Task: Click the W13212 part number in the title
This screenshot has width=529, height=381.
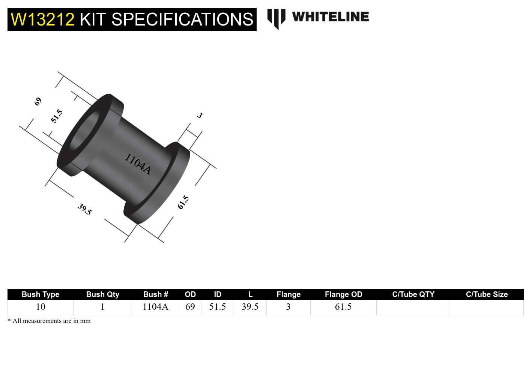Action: point(42,19)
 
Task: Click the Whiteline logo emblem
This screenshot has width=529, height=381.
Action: point(276,18)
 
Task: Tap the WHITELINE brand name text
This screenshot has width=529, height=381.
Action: point(330,17)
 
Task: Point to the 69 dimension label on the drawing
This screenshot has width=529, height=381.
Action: point(38,101)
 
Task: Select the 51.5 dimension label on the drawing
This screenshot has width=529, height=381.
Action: point(57,116)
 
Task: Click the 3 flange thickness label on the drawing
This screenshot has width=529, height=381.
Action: point(200,115)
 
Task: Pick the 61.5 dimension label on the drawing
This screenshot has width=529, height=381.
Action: point(183,202)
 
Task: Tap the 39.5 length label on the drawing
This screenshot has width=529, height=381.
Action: point(84,209)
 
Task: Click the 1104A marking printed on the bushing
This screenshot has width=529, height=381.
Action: point(138,164)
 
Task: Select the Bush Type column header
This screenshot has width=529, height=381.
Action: point(40,294)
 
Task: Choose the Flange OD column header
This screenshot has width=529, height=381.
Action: point(343,294)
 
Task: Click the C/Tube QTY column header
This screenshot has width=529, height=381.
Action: point(413,294)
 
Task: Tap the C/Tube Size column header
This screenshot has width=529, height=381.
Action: point(487,294)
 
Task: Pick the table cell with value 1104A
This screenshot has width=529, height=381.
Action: point(155,307)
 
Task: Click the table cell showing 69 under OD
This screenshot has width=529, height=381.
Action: point(190,307)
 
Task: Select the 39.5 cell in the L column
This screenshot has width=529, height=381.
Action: point(250,307)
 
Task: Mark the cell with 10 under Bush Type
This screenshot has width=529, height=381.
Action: point(40,307)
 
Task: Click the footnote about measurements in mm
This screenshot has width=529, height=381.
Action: point(49,321)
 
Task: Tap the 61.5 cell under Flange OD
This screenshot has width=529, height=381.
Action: point(343,307)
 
